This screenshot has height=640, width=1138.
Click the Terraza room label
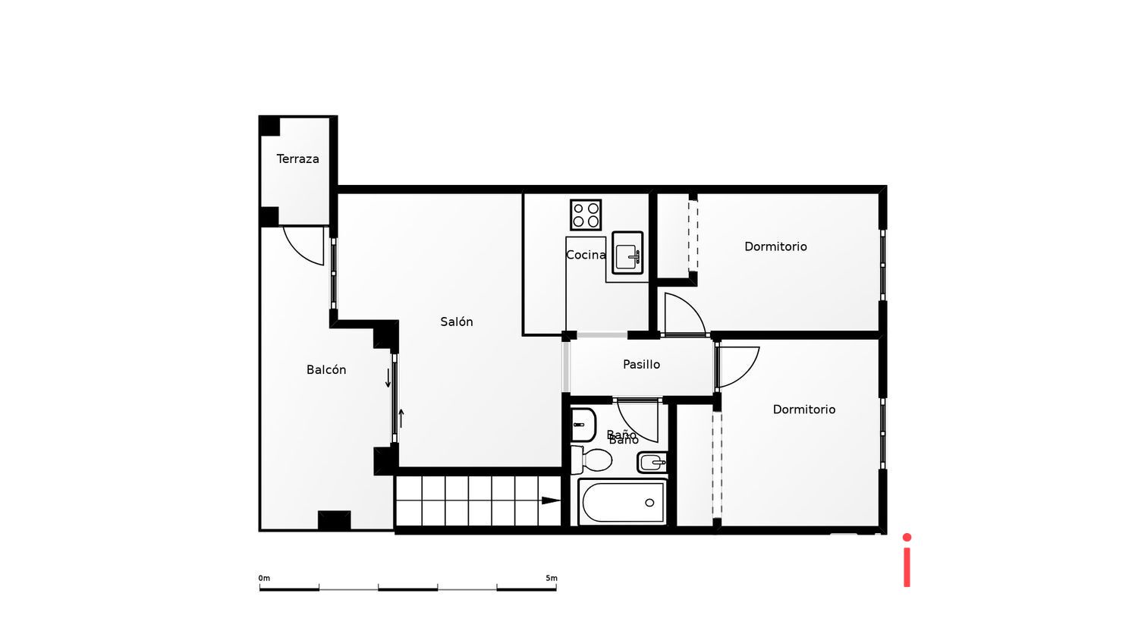(297, 158)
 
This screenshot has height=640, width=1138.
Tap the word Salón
(457, 322)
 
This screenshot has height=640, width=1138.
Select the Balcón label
(326, 369)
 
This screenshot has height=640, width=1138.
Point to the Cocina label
(586, 255)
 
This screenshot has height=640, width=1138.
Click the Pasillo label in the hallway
(641, 364)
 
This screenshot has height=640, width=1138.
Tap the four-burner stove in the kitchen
(586, 215)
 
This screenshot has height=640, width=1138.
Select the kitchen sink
(627, 253)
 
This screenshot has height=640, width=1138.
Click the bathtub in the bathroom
(623, 502)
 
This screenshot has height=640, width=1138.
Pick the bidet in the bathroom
(652, 461)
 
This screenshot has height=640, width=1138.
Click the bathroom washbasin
(583, 425)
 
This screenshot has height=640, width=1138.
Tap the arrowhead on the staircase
(551, 500)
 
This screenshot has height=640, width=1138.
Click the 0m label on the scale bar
(264, 578)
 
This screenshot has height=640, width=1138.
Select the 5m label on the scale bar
(552, 578)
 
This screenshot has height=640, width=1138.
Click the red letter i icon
(907, 560)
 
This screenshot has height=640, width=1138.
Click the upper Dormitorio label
(775, 246)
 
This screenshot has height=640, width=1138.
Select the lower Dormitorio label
(804, 409)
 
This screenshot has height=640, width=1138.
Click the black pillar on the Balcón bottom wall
(334, 520)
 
